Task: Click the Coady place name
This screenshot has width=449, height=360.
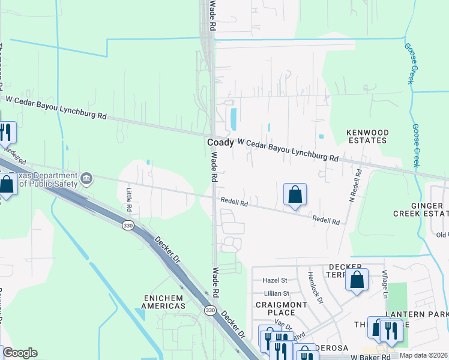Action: [x=220, y=143]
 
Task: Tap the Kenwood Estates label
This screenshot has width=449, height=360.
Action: [x=368, y=136]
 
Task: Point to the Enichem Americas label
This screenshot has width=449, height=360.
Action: [x=164, y=302]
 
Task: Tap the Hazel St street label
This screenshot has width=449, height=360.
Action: [x=276, y=280]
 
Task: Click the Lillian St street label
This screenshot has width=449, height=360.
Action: [x=276, y=293]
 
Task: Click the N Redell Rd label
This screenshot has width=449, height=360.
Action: [x=354, y=184]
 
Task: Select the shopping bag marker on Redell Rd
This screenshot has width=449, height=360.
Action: [x=295, y=195]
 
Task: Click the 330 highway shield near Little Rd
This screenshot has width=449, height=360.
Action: [x=127, y=226]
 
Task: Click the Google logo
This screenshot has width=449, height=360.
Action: [x=20, y=353]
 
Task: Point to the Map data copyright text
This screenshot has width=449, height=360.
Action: [x=423, y=355]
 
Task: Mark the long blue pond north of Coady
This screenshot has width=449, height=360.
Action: [x=233, y=118]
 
